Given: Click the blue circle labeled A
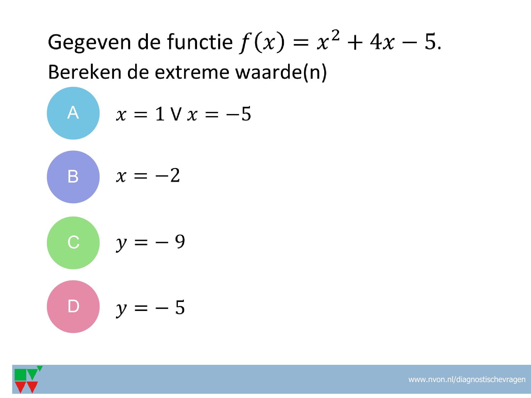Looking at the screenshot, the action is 73,113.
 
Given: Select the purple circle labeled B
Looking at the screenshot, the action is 73,177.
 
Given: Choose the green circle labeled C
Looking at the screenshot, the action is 73,243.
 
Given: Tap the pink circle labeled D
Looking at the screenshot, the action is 73,306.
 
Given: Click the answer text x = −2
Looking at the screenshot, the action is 148,175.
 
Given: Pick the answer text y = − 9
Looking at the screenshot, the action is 150,243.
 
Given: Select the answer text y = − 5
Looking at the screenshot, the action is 150,308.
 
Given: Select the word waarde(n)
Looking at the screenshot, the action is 281,72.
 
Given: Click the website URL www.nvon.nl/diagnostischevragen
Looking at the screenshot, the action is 467,380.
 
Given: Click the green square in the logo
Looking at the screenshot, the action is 20,375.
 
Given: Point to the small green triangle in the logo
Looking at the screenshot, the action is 40,369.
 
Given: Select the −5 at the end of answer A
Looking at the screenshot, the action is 238,114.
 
